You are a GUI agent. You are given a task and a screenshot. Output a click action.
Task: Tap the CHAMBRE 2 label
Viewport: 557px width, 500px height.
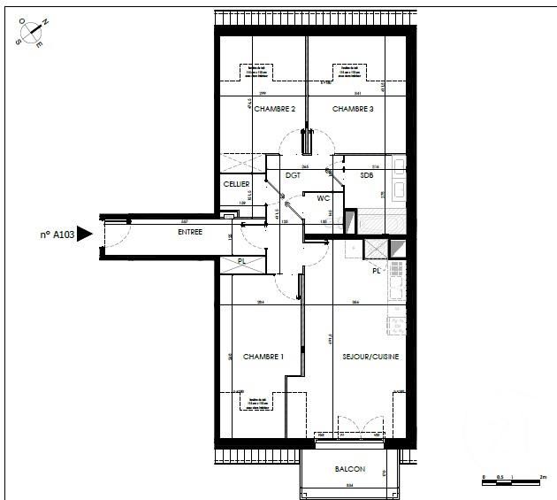[274, 108]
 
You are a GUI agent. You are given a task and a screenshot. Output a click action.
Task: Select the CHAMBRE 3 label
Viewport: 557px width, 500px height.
[353, 108]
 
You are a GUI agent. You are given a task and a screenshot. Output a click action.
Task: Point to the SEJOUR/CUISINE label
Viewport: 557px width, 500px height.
[370, 357]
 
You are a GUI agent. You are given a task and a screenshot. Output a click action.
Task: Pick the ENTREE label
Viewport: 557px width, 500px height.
[189, 232]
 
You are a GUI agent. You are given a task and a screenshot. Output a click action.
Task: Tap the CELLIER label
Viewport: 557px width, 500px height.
[236, 184]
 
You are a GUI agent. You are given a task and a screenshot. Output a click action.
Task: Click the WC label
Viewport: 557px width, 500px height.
[324, 198]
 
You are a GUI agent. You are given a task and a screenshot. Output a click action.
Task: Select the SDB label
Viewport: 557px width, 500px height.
[367, 175]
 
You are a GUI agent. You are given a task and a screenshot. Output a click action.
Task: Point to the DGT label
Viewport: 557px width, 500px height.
[293, 175]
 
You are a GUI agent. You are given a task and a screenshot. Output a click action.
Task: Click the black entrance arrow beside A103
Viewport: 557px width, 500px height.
[85, 235]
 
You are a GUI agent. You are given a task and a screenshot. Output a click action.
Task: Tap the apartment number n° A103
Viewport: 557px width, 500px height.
[56, 235]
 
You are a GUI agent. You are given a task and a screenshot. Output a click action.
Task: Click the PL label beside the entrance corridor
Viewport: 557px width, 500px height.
[241, 262]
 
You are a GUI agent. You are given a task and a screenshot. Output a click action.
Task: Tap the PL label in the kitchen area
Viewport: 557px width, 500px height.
[376, 270]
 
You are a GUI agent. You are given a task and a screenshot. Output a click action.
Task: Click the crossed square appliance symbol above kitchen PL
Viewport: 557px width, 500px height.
[376, 250]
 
